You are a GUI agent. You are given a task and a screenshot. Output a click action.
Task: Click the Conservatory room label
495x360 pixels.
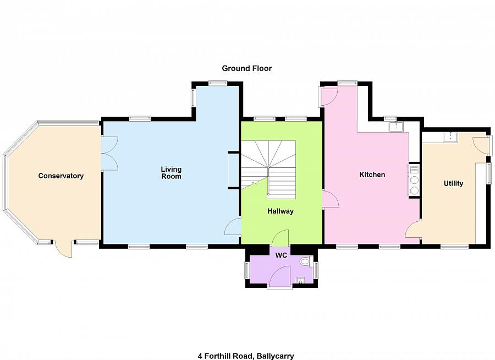(x=61, y=176)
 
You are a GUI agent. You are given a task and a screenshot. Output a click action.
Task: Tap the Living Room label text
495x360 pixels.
(x=171, y=173)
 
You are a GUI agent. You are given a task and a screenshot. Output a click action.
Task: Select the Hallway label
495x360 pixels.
(x=280, y=211)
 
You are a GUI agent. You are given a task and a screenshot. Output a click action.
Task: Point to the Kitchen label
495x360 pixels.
(x=372, y=175)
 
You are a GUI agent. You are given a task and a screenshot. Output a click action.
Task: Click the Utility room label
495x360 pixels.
(x=453, y=183)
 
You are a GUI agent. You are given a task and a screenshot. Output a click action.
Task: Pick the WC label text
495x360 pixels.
(x=281, y=255)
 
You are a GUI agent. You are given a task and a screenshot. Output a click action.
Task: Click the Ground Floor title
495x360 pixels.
(x=247, y=69)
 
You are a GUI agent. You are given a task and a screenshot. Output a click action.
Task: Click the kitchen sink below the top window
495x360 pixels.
(x=395, y=127)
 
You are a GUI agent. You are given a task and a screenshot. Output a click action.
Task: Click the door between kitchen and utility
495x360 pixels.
(x=414, y=231)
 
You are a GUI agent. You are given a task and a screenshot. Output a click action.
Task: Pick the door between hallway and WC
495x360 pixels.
(x=280, y=238)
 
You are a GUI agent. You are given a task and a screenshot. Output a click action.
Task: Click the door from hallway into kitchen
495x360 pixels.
(x=330, y=199)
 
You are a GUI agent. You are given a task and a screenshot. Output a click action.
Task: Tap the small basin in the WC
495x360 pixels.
(x=300, y=281)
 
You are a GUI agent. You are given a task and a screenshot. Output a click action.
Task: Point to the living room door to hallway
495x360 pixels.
(x=233, y=226)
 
